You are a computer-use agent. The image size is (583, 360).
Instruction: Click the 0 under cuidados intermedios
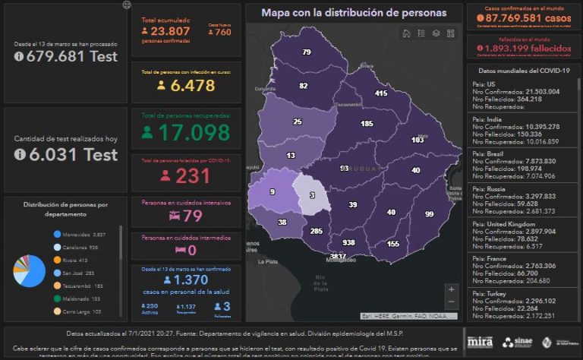tap(191, 250)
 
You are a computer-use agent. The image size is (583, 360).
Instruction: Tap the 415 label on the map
tap(380, 93)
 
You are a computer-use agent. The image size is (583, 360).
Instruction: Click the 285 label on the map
tap(317, 231)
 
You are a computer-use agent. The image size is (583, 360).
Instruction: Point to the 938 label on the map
tap(348, 243)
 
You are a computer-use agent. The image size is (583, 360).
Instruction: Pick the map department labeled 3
tap(311, 196)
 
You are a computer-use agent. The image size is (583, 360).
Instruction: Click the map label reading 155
tap(392, 244)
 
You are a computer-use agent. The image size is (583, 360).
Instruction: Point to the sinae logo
tap(518, 342)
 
